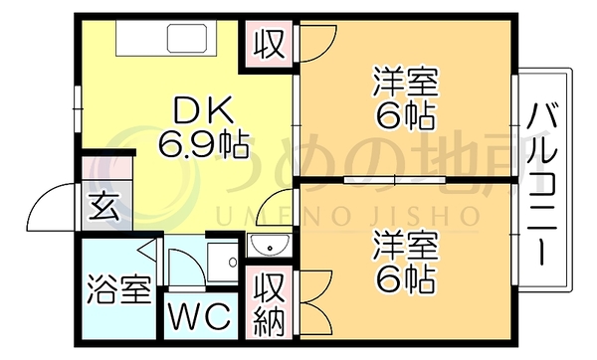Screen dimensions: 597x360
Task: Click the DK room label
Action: coord(203,110)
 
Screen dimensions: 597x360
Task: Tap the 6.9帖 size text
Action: coord(204,144)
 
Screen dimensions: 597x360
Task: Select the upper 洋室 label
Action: coord(406,82)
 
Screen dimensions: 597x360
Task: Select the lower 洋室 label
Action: coord(406,245)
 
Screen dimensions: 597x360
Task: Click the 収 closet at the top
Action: coord(270,45)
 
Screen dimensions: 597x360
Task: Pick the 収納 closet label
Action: coord(270,304)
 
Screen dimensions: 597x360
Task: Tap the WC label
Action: coord(201,316)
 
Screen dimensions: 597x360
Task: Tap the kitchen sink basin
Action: coord(187,39)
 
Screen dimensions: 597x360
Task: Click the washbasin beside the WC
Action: coord(269,246)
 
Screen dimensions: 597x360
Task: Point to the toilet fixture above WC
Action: coord(223,262)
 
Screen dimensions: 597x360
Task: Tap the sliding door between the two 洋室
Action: coord(394,180)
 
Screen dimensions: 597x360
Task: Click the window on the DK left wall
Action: coord(78,109)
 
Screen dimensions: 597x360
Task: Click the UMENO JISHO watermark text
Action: coord(347,216)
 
